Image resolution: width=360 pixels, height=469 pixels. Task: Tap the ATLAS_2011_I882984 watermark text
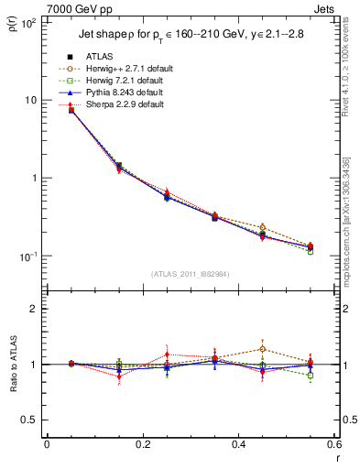tap(191, 274)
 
